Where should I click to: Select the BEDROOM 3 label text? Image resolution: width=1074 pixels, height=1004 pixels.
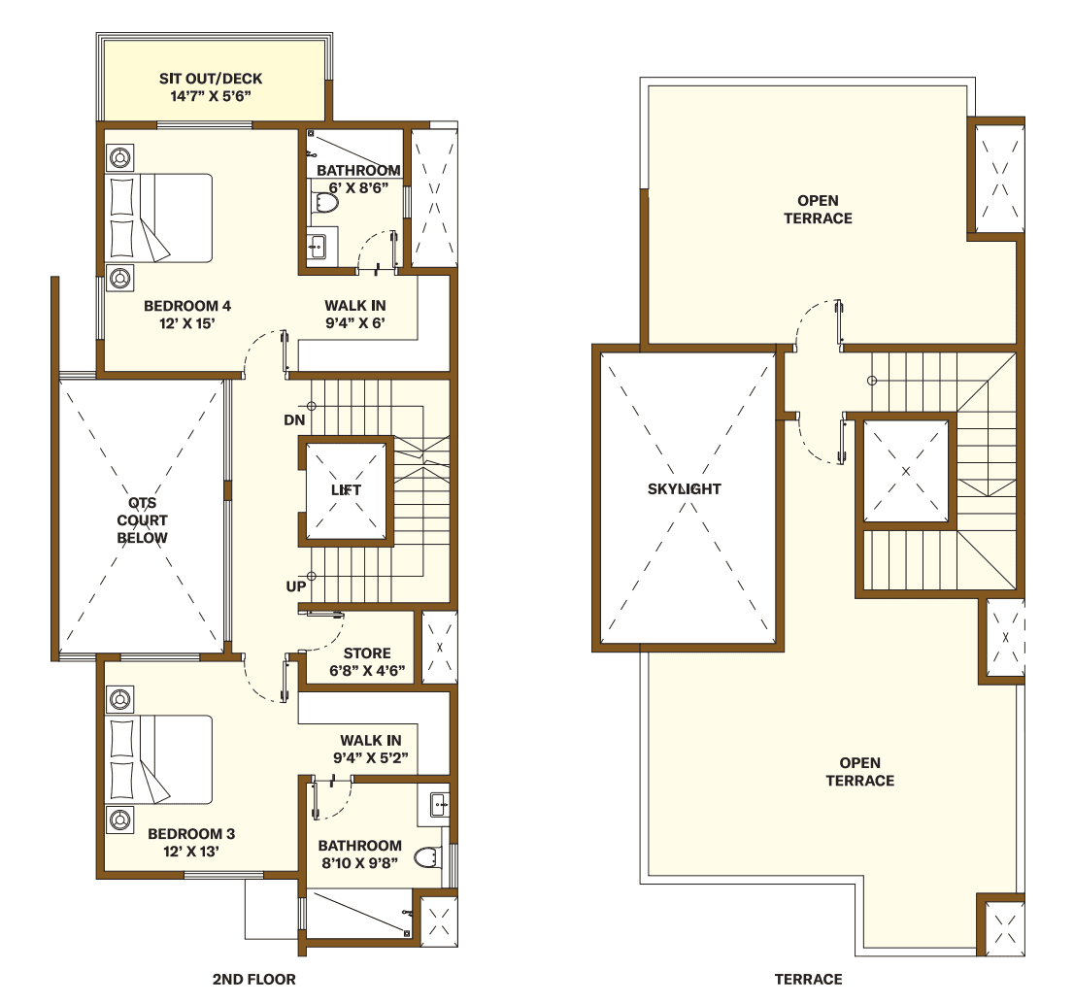tap(190, 834)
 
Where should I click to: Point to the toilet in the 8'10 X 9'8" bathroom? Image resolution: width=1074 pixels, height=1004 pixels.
tap(426, 857)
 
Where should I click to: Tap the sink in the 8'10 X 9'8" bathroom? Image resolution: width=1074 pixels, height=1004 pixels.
tap(438, 803)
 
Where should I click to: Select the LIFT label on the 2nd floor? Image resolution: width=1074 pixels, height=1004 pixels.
tap(346, 490)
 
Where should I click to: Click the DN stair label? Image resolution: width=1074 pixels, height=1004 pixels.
tap(294, 420)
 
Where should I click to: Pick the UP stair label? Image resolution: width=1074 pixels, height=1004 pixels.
tap(295, 587)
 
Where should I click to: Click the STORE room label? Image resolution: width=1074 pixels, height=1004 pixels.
tap(367, 653)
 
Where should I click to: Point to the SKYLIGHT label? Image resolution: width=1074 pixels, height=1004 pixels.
tap(684, 489)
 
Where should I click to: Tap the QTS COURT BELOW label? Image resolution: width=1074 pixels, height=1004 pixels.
tap(142, 520)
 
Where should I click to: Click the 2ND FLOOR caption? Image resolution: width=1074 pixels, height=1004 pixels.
tap(253, 979)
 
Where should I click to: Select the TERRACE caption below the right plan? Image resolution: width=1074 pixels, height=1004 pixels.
tap(808, 979)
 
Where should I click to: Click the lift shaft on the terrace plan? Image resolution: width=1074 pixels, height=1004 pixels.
tap(904, 471)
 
